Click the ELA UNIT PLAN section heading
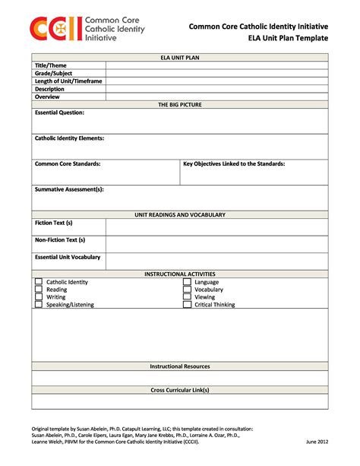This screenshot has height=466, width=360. [x=180, y=57]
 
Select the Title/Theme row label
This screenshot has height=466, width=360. [x=51, y=65]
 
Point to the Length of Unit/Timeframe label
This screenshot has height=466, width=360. [x=68, y=81]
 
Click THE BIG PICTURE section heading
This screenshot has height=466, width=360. [x=180, y=104]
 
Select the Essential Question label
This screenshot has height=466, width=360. [x=60, y=113]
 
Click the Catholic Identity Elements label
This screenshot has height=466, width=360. [x=70, y=138]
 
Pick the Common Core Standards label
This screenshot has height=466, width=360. [x=68, y=163]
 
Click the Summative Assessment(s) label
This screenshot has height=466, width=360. [x=69, y=189]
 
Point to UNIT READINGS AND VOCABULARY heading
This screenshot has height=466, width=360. [x=180, y=215]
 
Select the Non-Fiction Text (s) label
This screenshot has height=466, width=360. [x=60, y=239]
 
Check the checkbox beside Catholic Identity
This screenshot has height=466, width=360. [x=38, y=282]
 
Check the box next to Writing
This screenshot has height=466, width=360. [x=38, y=297]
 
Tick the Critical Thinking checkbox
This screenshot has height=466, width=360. [x=187, y=305]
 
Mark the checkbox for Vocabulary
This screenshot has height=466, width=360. [x=187, y=290]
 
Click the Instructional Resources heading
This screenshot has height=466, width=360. [x=180, y=366]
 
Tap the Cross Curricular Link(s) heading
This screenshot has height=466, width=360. [x=180, y=390]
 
